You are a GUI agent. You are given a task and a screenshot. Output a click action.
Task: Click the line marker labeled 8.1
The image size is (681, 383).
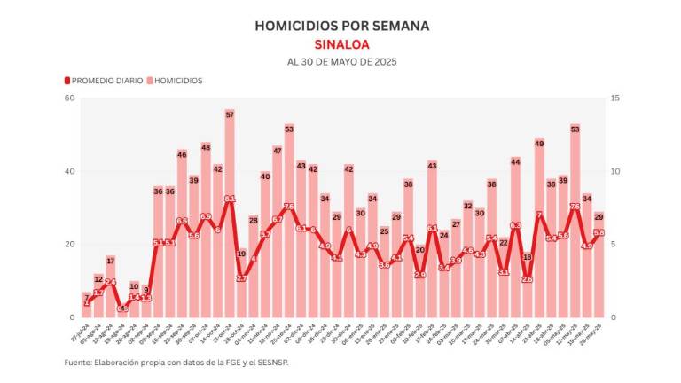tap(230, 199)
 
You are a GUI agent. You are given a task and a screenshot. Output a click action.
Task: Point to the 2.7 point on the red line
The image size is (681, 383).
tap(241, 278)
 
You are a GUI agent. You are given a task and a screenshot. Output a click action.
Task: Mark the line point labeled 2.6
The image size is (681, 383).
tap(528, 279)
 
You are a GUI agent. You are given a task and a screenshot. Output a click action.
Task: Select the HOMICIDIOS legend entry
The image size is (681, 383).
tap(176, 81)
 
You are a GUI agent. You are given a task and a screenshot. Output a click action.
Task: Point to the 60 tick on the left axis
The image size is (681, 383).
tap(69, 98)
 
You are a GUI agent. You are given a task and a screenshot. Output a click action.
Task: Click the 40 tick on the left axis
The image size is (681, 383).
tap(69, 171)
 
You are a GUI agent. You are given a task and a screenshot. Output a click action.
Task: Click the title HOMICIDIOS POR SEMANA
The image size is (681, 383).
tap(341, 26)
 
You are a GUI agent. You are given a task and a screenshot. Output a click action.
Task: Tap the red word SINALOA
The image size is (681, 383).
tap(341, 44)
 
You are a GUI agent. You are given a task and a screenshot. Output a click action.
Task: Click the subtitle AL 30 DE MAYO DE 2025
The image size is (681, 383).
tap(341, 62)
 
